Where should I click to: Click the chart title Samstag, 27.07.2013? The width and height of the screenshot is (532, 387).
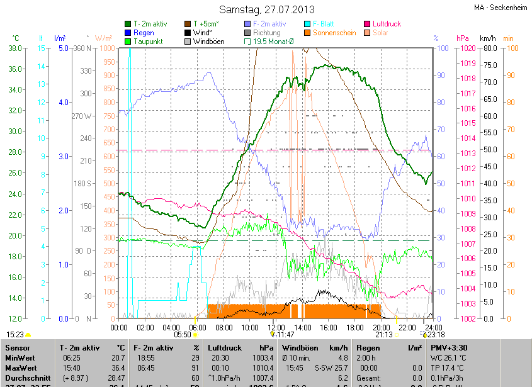[x=266, y=9]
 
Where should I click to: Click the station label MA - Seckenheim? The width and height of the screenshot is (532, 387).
[x=501, y=8]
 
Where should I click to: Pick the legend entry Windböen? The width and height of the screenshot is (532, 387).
[x=208, y=42]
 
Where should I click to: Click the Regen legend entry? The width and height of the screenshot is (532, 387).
[x=144, y=33]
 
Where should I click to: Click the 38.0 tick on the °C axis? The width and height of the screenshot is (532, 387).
[x=16, y=48]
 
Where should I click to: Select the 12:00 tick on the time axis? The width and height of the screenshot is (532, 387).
[x=276, y=328]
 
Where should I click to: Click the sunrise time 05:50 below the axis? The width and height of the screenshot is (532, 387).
[x=183, y=335]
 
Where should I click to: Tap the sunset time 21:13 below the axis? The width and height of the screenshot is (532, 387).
[x=384, y=335]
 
